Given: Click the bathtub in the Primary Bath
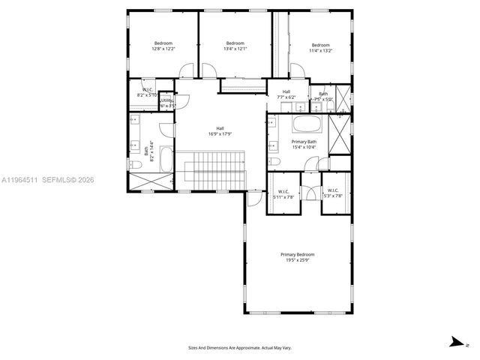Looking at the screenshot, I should pyautogui.click(x=304, y=124).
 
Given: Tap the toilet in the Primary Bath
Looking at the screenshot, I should pyautogui.click(x=275, y=161).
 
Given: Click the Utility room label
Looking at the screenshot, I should pyautogui.click(x=167, y=103).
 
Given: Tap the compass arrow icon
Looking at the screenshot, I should pyautogui.click(x=454, y=342).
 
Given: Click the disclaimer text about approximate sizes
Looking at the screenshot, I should pyautogui.click(x=240, y=347).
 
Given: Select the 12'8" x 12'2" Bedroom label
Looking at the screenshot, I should pyautogui.click(x=163, y=46).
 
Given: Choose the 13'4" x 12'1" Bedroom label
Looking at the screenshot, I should pyautogui.click(x=235, y=46).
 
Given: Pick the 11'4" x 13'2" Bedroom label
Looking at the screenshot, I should pyautogui.click(x=320, y=48).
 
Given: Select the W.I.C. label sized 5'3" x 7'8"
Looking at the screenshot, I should pyautogui.click(x=331, y=193).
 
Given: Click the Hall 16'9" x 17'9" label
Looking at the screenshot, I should pyautogui.click(x=220, y=131).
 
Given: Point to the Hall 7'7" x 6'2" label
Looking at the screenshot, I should pyautogui.click(x=286, y=94).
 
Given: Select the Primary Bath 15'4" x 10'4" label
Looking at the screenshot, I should pyautogui.click(x=304, y=144).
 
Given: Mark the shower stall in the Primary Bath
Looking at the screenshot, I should pyautogui.click(x=340, y=136).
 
